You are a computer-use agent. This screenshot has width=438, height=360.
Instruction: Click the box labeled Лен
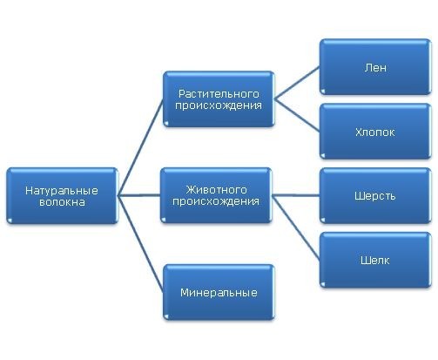tap(375, 67)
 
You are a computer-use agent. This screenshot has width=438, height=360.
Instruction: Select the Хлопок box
tap(375, 132)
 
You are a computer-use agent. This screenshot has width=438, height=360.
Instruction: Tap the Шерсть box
tap(375, 195)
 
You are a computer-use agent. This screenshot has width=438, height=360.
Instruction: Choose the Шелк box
tap(375, 260)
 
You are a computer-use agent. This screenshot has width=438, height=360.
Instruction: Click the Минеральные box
tap(219, 292)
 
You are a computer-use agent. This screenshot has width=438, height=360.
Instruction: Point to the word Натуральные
tap(62, 191)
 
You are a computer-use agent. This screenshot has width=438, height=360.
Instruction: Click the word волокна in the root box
tap(62, 202)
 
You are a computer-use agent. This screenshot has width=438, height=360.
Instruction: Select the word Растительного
tap(219, 94)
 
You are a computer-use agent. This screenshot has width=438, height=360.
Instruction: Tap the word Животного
tap(216, 190)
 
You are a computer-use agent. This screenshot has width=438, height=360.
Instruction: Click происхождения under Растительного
tap(219, 105)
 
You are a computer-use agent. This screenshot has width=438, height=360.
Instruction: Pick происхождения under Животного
tap(216, 201)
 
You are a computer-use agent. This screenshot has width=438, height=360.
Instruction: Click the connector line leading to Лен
tap(297, 83)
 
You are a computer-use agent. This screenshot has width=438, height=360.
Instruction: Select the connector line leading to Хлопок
tap(297, 115)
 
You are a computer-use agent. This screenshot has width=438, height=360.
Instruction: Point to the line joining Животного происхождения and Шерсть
tap(296, 195)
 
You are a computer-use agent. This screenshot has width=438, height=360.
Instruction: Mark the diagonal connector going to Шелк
tap(296, 228)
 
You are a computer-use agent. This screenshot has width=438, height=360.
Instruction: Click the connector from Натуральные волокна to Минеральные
tap(140, 243)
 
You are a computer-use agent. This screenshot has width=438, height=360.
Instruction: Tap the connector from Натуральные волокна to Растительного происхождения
tap(140, 147)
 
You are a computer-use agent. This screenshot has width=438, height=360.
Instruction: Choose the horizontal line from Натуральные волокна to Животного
tap(139, 195)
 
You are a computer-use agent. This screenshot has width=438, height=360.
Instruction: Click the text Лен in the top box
tap(375, 68)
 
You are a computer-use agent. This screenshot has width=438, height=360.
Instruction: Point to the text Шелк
tap(375, 260)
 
